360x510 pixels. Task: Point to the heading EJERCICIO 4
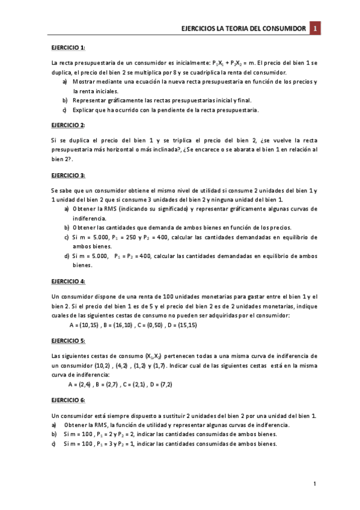pyautogui.click(x=67, y=281)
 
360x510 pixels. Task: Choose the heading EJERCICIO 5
pyautogui.click(x=67, y=340)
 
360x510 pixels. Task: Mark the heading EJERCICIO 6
pyautogui.click(x=67, y=400)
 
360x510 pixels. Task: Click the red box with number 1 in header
pyautogui.click(x=316, y=28)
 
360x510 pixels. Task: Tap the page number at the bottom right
pyautogui.click(x=315, y=484)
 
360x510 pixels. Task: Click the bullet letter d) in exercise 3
pyautogui.click(x=66, y=256)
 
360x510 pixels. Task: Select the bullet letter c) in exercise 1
pyautogui.click(x=64, y=110)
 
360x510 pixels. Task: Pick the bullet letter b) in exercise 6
pyautogui.click(x=54, y=434)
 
